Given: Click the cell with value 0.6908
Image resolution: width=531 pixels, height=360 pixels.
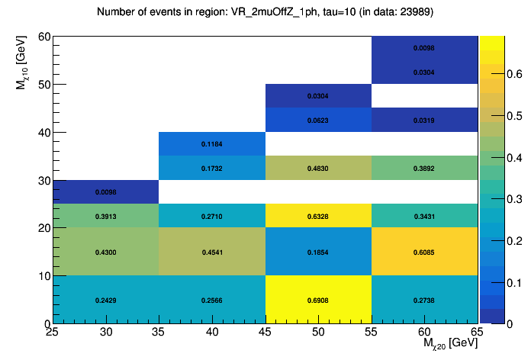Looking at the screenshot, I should tap(318, 301).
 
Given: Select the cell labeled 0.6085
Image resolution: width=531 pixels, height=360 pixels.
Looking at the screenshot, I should tap(424, 252).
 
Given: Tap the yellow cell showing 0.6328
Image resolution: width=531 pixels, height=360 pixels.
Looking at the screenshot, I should tap(318, 217).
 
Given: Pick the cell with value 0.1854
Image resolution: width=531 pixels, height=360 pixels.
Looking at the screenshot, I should tap(318, 252).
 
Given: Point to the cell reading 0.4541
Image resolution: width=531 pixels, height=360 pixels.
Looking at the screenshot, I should tap(211, 252).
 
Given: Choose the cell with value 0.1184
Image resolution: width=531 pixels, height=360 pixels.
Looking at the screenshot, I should tap(211, 144).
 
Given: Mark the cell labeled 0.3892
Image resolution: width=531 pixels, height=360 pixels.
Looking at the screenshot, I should tap(424, 168).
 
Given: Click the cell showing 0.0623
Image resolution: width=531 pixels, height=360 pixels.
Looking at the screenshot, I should tap(318, 121).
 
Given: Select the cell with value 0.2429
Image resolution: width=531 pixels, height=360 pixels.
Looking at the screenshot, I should tap(105, 301).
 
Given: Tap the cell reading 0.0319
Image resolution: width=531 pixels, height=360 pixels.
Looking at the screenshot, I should tap(424, 121).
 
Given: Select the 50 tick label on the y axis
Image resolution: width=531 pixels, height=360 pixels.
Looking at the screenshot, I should tap(43, 85).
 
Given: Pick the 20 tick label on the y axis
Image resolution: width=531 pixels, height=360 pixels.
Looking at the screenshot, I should tap(43, 228).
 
